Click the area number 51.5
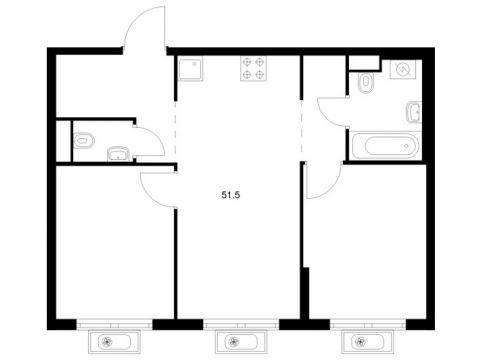pos(231,195)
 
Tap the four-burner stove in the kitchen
pos(253,68)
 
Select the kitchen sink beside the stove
pos(190,68)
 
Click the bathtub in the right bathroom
pos(385,146)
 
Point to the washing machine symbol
pos(402,69)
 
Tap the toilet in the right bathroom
pos(366,82)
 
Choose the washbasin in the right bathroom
pos(414,112)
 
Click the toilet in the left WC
pos(84,140)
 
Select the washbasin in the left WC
pos(118,154)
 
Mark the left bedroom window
pos(114,324)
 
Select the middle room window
pos(241,324)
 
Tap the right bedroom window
pos(368,324)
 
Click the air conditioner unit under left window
pos(114,342)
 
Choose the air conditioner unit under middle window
pos(241,342)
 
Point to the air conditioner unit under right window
pos(367,342)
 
